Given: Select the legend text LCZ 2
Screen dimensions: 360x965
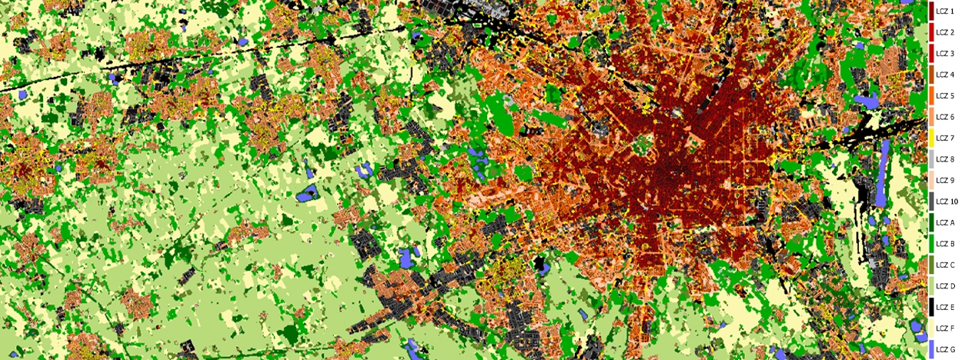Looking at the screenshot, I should (945, 32).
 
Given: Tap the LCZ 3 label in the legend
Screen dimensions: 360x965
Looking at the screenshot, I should (945, 54).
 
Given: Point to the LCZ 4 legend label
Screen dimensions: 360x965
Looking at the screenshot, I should (945, 75).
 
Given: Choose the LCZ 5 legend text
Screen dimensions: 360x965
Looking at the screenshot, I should (945, 96).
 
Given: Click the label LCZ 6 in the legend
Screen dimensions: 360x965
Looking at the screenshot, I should (945, 117).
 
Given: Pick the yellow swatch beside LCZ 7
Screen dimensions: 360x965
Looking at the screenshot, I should (931, 138).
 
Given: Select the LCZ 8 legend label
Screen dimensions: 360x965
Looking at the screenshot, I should (945, 159).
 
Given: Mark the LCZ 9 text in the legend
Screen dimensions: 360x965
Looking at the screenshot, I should (945, 181).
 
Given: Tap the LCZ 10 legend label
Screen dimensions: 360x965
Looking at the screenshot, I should (947, 202).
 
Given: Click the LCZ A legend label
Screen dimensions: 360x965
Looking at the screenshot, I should (945, 223).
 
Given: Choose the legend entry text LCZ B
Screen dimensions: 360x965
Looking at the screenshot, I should (945, 244).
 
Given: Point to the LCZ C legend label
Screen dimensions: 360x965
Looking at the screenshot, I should (945, 265).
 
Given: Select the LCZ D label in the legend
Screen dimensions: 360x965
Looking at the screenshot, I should (945, 286).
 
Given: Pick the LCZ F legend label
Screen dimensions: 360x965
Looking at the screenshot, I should (945, 328).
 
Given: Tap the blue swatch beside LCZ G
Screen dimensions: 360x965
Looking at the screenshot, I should (931, 349).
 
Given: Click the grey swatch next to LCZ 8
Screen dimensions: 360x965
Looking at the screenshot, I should (931, 159).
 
